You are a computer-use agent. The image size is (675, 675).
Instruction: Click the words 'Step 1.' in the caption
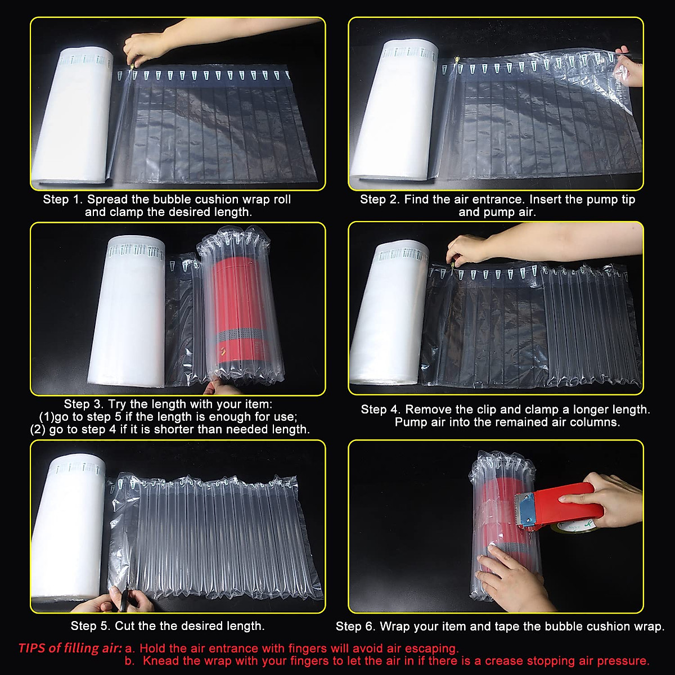click(63, 200)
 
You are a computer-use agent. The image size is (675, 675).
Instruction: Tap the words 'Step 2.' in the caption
click(380, 200)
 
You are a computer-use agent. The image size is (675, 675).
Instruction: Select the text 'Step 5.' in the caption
click(91, 626)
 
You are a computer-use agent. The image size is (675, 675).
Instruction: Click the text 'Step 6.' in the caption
click(355, 627)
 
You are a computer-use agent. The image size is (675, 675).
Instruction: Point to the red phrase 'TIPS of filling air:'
click(70, 648)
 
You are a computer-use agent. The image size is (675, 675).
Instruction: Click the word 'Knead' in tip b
click(160, 661)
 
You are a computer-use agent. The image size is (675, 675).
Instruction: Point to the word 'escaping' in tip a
click(434, 648)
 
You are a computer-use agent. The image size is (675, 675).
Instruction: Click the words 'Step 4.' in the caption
click(381, 409)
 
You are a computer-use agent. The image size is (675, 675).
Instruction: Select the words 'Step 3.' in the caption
click(84, 404)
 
